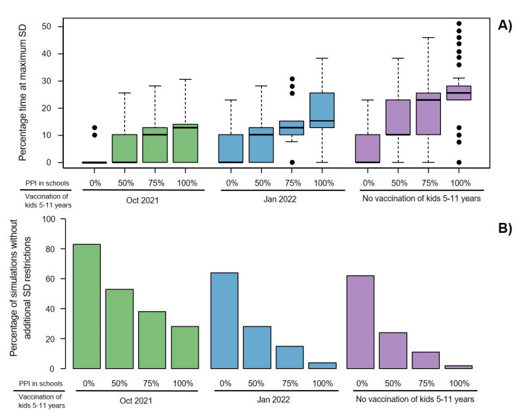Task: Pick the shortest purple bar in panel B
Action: (x=458, y=366)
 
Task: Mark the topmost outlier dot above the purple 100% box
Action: (x=458, y=24)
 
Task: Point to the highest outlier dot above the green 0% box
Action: (x=94, y=127)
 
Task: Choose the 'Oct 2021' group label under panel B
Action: (x=135, y=399)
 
